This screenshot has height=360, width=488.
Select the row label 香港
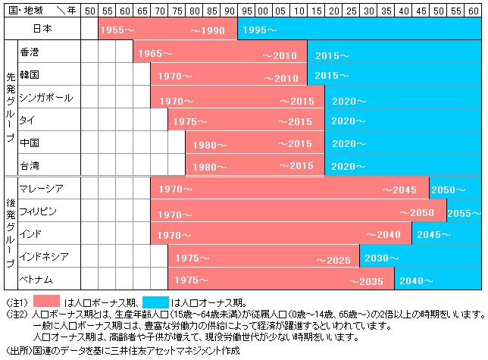point(30,55)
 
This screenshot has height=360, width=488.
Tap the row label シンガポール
point(46,98)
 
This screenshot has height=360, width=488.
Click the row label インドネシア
point(45,256)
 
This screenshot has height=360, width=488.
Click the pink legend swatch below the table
point(58,300)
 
